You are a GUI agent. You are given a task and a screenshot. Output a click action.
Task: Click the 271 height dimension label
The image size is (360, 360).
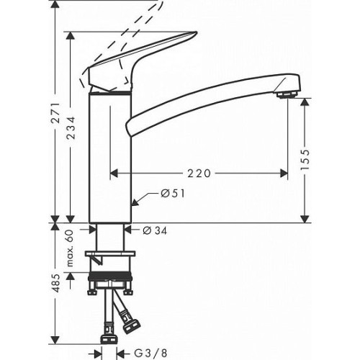(56, 113)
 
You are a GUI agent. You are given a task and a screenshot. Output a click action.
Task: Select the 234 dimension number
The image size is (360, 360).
(71, 127)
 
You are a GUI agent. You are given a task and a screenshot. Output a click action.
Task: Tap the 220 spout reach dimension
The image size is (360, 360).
(199, 174)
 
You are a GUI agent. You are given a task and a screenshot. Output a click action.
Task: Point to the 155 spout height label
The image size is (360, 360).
(305, 159)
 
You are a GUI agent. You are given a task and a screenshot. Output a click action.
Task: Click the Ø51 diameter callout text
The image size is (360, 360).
(173, 194)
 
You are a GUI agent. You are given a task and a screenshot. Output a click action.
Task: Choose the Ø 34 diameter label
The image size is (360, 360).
(155, 230)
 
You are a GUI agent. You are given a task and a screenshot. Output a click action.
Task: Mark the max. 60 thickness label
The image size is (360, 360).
(70, 248)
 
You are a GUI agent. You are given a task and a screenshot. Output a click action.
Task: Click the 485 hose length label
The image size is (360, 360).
(56, 283)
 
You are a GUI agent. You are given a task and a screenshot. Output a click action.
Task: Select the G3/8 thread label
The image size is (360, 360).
(150, 353)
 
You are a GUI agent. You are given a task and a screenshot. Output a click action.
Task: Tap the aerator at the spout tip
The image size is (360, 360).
(287, 95)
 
